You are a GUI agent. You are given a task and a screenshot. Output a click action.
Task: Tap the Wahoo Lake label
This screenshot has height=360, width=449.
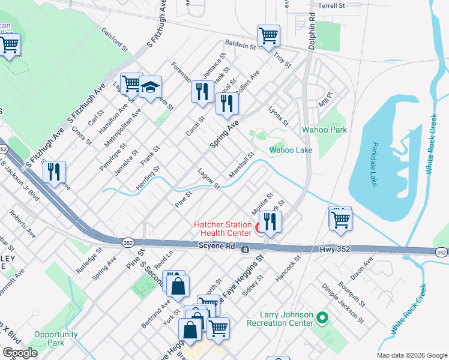291,150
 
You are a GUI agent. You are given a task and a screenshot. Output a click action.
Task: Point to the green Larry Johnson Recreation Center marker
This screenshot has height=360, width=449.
322,317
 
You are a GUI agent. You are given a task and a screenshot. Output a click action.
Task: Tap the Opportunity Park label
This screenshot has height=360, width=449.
56,338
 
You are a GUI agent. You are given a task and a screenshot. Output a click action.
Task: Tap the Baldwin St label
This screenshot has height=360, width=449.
240,44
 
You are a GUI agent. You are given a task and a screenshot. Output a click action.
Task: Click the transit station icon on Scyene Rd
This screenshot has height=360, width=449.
245,249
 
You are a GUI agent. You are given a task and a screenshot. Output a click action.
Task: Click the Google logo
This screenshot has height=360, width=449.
20,353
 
